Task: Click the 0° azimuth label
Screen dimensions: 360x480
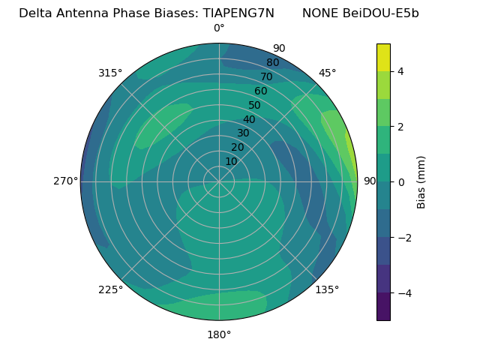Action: click(219, 28)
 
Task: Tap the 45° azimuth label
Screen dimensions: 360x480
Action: click(327, 73)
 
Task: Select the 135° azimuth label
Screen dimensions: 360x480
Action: click(327, 289)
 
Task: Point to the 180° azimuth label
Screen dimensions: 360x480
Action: click(219, 334)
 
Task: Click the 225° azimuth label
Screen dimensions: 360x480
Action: click(110, 289)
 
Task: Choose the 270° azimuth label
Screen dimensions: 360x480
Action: click(65, 181)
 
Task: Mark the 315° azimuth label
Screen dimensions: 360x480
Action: click(110, 73)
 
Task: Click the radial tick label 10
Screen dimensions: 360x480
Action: click(231, 161)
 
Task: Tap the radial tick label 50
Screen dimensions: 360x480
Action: click(254, 106)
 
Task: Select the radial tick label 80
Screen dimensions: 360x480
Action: click(272, 62)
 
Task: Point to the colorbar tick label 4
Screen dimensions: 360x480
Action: click(401, 71)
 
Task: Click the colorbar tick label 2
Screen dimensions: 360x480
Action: click(401, 127)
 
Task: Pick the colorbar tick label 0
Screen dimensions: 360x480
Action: click(401, 181)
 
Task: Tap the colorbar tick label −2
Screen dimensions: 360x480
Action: click(403, 237)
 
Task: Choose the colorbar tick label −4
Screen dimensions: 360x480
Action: click(403, 292)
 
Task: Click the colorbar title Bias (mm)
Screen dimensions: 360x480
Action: click(421, 181)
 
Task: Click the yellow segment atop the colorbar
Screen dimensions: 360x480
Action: click(383, 57)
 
